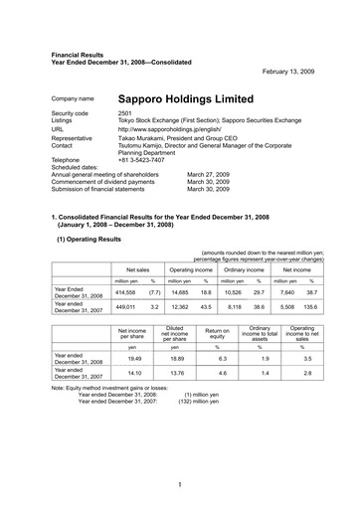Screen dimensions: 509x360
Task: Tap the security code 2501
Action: pyautogui.click(x=125, y=115)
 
